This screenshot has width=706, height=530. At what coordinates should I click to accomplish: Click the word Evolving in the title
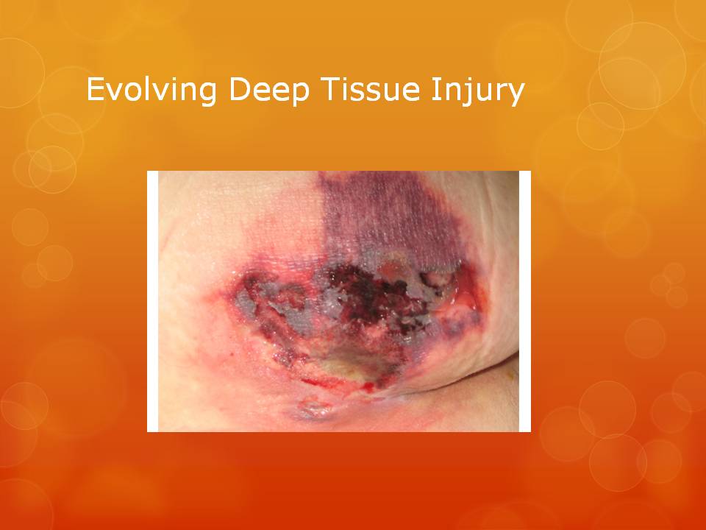pos(151,90)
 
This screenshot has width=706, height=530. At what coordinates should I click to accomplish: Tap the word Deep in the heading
pos(269,90)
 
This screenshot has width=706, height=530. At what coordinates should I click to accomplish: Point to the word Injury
pos(478,91)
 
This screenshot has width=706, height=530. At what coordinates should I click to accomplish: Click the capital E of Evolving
pos(96,89)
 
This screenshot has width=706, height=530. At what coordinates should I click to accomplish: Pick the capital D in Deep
pos(240,89)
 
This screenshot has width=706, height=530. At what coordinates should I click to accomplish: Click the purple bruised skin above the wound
pos(388,216)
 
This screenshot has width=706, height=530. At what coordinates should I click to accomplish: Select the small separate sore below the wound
pos(314,409)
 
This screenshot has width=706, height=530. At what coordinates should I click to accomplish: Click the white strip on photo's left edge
pos(153,301)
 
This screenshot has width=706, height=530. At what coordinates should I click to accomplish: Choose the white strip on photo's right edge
pos(525,301)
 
